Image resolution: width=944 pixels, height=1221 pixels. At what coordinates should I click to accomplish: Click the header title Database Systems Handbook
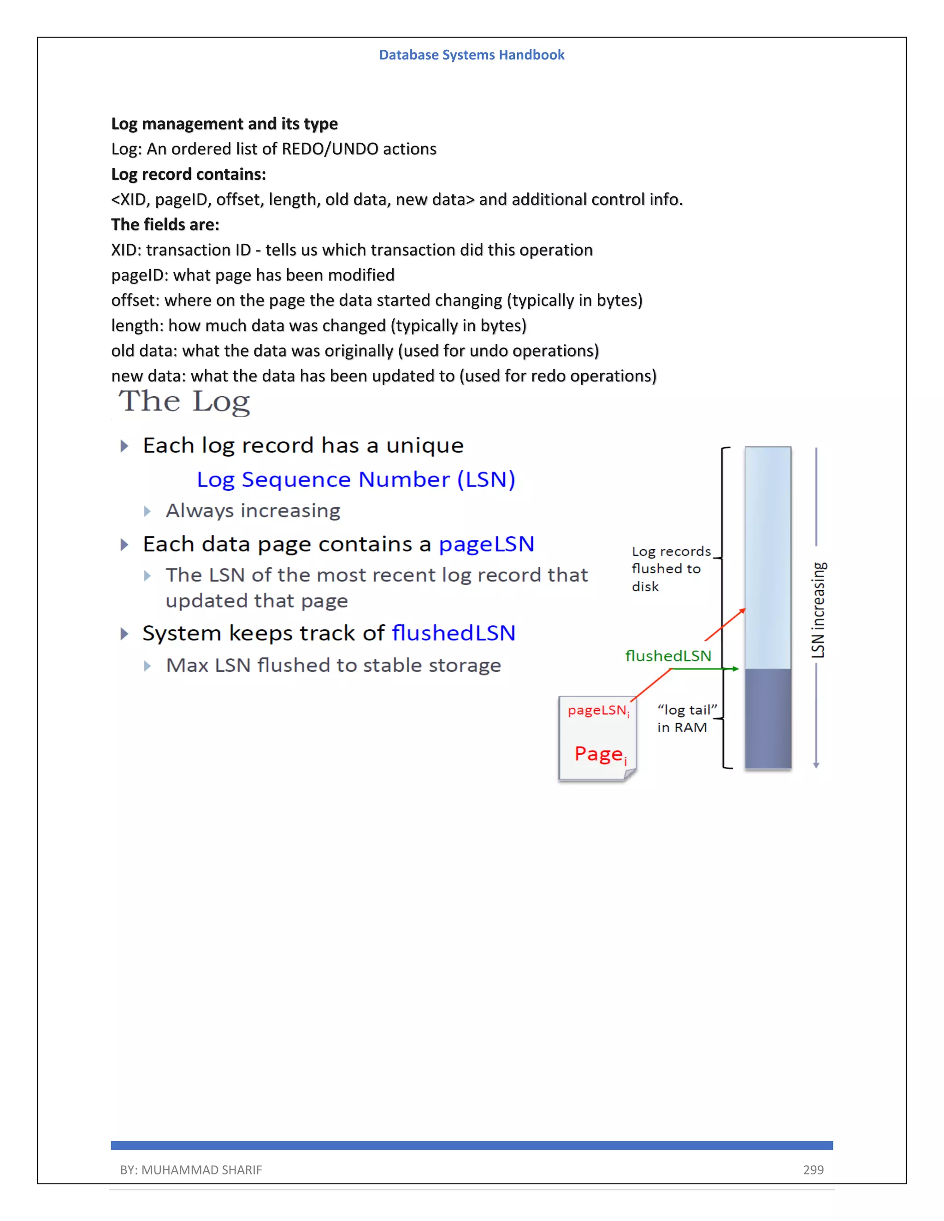click(x=472, y=55)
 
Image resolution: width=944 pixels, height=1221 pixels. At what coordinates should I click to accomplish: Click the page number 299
click(x=813, y=1169)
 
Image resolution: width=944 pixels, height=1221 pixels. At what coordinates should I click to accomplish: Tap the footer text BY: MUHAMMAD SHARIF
click(x=191, y=1169)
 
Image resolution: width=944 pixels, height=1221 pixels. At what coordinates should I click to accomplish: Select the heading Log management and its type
click(x=224, y=123)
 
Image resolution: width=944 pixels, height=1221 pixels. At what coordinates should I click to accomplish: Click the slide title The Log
click(x=184, y=401)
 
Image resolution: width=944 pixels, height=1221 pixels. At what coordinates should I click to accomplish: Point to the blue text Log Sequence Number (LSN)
click(x=356, y=480)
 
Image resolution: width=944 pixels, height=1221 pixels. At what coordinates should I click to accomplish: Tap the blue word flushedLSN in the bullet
click(x=453, y=633)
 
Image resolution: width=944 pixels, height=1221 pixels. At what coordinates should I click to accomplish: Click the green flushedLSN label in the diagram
click(x=668, y=656)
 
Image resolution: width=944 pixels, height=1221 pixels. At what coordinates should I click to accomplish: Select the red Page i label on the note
click(x=600, y=754)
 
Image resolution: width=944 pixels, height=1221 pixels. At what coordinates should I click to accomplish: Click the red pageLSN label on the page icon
click(x=598, y=710)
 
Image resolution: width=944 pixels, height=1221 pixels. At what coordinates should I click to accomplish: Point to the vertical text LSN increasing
click(x=818, y=610)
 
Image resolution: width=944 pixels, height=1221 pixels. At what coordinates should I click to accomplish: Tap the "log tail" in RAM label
click(x=685, y=718)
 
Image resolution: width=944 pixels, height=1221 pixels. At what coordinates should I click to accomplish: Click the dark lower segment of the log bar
click(x=767, y=718)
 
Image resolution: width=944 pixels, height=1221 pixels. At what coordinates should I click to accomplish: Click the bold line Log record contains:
click(x=189, y=175)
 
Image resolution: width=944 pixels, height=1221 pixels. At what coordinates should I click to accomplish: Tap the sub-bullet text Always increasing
click(x=253, y=511)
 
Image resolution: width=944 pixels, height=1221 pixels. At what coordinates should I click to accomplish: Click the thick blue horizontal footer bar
click(x=472, y=1145)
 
